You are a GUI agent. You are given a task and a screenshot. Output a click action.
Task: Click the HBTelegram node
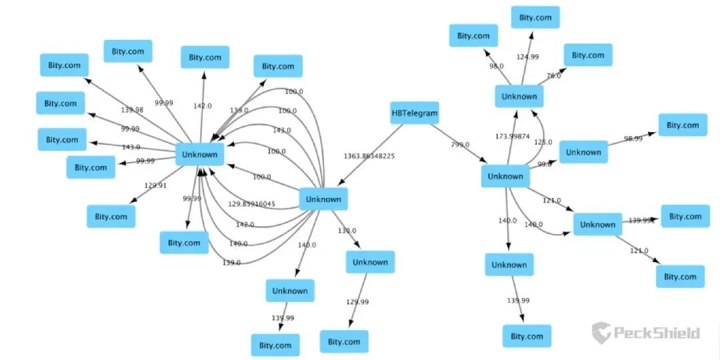pos(414,113)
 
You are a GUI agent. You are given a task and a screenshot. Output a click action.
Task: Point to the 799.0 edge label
pos(460,144)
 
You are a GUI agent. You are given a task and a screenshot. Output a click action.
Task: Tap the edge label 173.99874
pos(512,136)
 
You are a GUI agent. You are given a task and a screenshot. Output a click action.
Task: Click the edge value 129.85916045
pos(251,204)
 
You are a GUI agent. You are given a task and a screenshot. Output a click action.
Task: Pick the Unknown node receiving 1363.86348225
pos(323,199)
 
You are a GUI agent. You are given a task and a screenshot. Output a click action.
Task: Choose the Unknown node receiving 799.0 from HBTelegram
pos(505,176)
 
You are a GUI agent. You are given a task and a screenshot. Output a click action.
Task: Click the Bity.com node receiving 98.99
pos(683,125)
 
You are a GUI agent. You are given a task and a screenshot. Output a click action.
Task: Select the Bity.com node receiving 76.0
pos(587,55)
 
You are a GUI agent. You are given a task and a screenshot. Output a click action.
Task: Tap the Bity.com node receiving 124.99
pos(535,17)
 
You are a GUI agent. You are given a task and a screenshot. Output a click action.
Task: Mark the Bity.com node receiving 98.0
pos(473,35)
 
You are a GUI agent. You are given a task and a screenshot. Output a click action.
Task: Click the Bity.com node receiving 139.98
pos(64,65)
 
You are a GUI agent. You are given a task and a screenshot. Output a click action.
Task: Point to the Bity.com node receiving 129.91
pos(111,216)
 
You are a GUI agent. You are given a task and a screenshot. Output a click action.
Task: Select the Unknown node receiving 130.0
pos(370,262)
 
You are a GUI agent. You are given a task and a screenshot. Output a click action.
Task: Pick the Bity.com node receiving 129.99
pos(344,341)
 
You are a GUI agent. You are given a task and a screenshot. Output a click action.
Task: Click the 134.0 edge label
pos(239,111)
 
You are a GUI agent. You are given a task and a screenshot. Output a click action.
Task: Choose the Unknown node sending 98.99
pos(583,152)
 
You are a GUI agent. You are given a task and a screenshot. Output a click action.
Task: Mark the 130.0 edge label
pos(347,231)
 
